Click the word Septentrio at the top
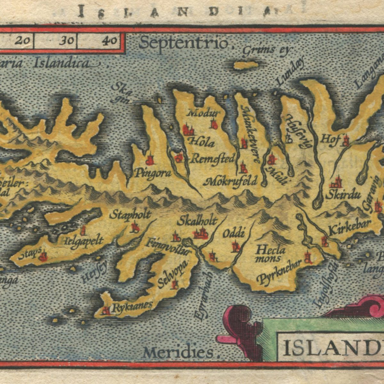point(184,43)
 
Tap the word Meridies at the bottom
point(178,353)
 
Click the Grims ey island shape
point(246,65)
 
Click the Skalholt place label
point(197,221)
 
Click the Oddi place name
point(234,234)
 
